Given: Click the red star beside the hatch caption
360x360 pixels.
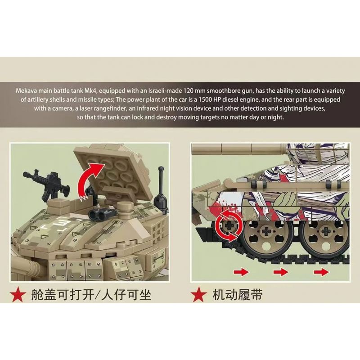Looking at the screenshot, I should [18, 295].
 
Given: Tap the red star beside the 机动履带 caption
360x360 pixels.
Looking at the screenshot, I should [198, 295].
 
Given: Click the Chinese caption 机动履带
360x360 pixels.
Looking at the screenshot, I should [237, 295].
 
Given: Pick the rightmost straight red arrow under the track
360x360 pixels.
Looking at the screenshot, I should [321, 272].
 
